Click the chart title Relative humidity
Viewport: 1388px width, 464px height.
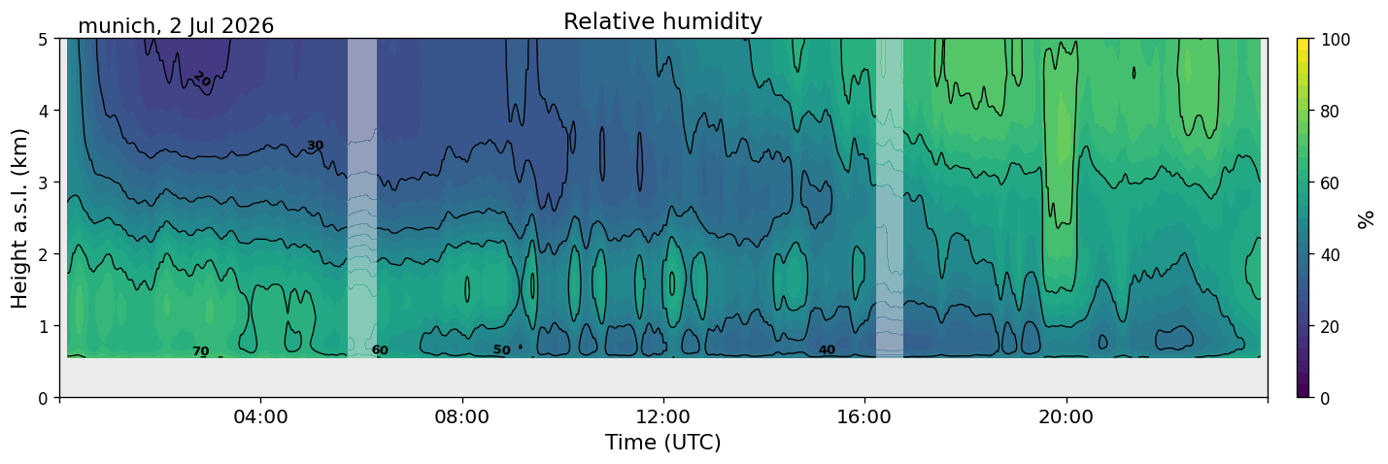click(662, 21)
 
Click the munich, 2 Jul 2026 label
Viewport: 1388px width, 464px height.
click(176, 26)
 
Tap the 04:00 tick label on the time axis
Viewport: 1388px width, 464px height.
click(261, 416)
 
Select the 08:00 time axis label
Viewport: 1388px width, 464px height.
click(462, 416)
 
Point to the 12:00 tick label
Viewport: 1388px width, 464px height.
click(663, 416)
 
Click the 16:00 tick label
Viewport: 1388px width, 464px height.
click(865, 416)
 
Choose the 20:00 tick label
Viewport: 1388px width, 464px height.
click(1066, 416)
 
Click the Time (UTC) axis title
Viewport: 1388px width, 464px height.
click(663, 443)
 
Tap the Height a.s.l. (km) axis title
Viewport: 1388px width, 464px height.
click(19, 218)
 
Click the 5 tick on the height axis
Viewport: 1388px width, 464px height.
click(43, 40)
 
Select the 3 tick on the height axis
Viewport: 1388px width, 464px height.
click(43, 182)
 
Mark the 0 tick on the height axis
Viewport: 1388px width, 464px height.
click(43, 398)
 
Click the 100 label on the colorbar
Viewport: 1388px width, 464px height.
click(1335, 40)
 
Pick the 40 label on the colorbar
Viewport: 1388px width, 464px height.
click(1330, 255)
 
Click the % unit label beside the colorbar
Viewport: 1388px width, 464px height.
click(1365, 219)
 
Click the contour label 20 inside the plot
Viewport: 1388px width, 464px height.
click(202, 79)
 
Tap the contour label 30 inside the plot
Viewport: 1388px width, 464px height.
click(316, 146)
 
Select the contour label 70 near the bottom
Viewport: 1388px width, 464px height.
click(201, 351)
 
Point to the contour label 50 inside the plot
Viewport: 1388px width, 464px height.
click(502, 350)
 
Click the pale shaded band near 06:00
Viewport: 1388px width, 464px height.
click(362, 198)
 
